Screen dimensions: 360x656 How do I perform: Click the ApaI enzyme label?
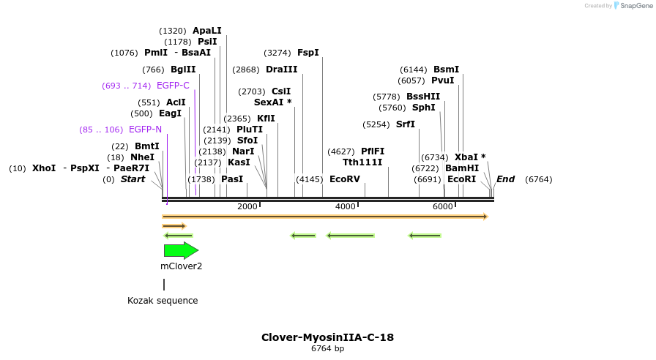(206, 31)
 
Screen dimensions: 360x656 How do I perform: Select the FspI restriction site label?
(307, 53)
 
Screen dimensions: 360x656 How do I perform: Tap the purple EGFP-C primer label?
(173, 86)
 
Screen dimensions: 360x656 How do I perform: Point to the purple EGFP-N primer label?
(145, 130)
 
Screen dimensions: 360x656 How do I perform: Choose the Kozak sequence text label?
(163, 301)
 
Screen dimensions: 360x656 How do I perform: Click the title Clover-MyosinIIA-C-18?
(327, 337)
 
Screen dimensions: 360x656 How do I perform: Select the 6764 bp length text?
(327, 349)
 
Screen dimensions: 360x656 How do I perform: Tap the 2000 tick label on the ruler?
(247, 207)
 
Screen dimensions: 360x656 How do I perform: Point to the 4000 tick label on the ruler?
(345, 207)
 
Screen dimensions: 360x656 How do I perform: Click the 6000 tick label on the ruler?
(443, 207)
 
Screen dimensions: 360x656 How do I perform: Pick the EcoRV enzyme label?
(344, 179)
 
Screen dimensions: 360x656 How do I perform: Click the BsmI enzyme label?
(446, 70)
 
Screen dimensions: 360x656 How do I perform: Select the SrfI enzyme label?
(405, 124)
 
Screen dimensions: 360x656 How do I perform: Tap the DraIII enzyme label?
(282, 70)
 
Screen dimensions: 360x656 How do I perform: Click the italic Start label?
(133, 179)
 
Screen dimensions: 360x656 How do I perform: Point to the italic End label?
(505, 179)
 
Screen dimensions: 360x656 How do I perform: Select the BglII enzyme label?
(183, 70)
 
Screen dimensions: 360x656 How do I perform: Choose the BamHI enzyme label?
(461, 168)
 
